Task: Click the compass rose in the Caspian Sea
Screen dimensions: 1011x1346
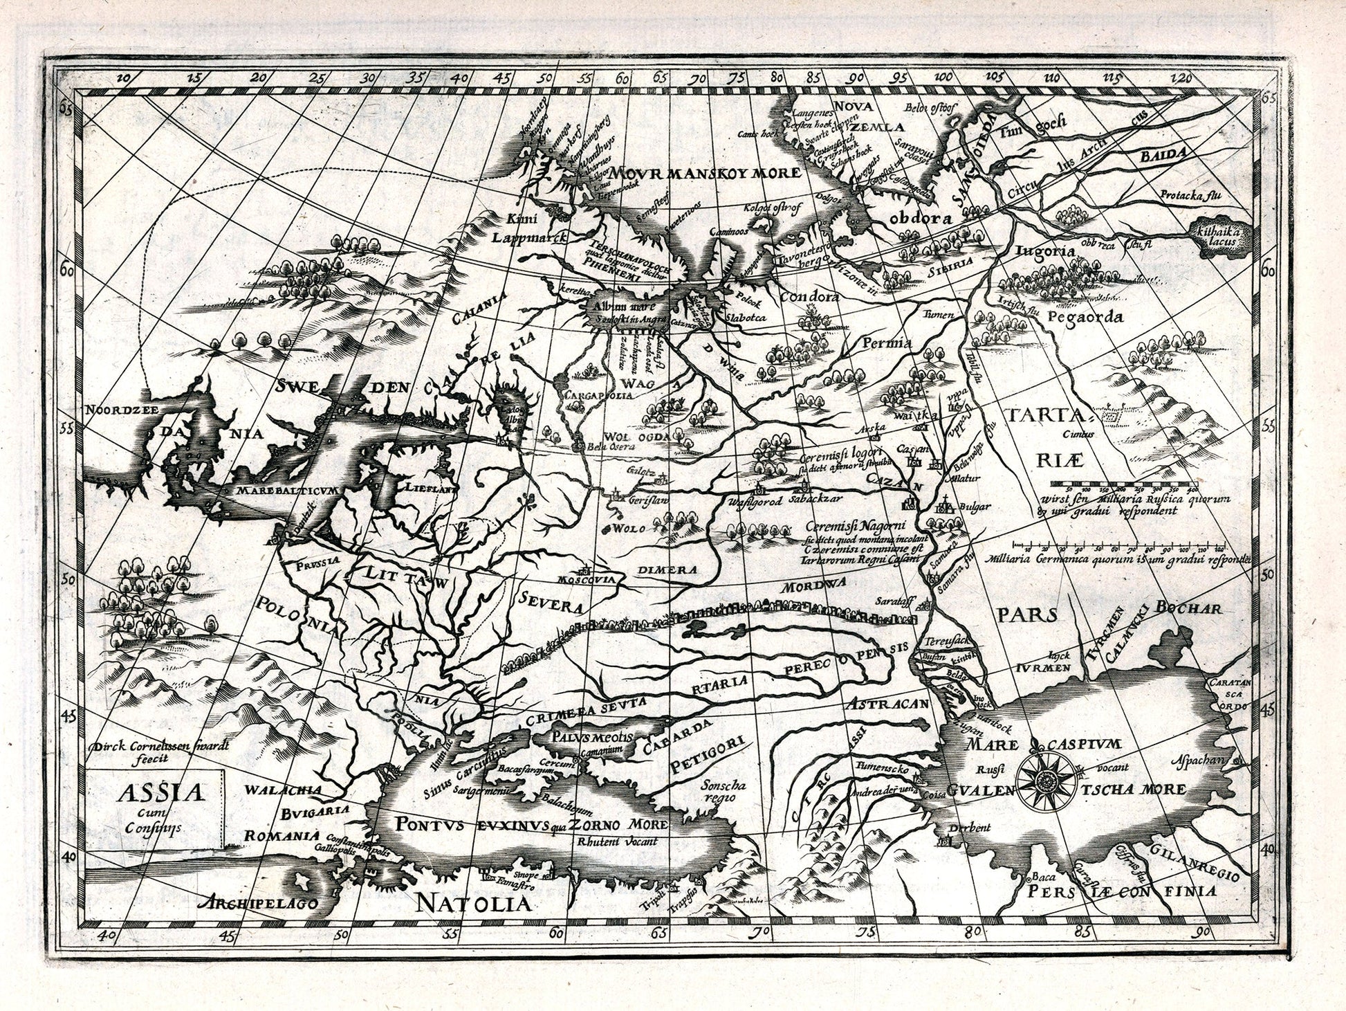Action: pyautogui.click(x=1045, y=779)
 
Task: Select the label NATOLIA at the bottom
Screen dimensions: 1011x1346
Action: pyautogui.click(x=475, y=903)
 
